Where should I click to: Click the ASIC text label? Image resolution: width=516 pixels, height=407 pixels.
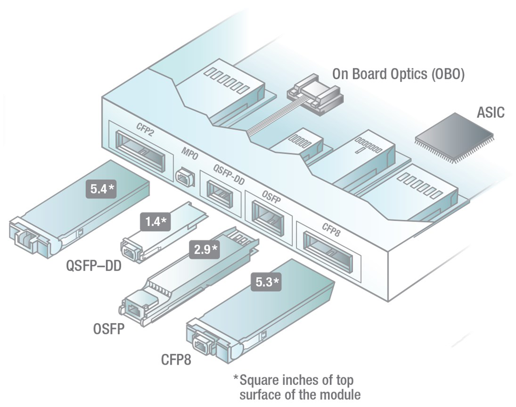click(490, 112)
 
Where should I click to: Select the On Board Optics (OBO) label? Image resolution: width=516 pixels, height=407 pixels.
click(399, 74)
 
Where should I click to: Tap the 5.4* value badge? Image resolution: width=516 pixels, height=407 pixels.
click(101, 189)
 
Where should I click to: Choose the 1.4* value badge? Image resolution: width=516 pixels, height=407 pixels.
click(155, 221)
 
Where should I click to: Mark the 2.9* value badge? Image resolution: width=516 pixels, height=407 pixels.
click(204, 250)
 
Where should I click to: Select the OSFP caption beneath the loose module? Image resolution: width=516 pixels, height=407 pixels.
click(108, 328)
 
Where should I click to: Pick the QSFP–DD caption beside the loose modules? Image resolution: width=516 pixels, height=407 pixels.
click(94, 267)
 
